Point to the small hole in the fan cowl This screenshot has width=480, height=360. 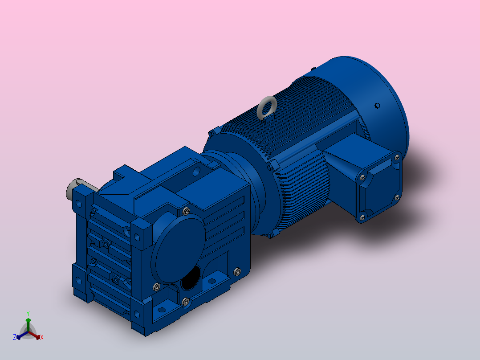tap(377, 106)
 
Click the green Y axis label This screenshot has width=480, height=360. tap(28, 314)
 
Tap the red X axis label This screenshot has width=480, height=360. tap(42, 337)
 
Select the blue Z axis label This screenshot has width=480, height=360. tap(14, 337)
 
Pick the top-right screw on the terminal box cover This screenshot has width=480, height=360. tap(397, 157)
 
